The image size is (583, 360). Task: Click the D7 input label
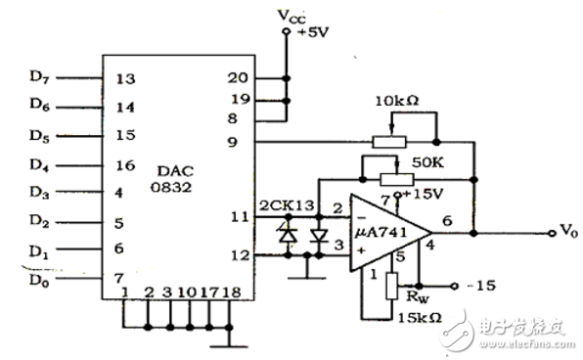coord(40,76)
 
